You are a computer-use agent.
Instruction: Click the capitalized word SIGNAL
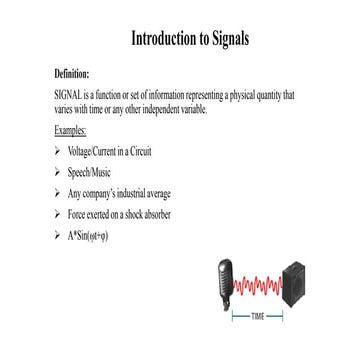click(x=68, y=93)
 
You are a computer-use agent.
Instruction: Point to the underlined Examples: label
click(x=71, y=131)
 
